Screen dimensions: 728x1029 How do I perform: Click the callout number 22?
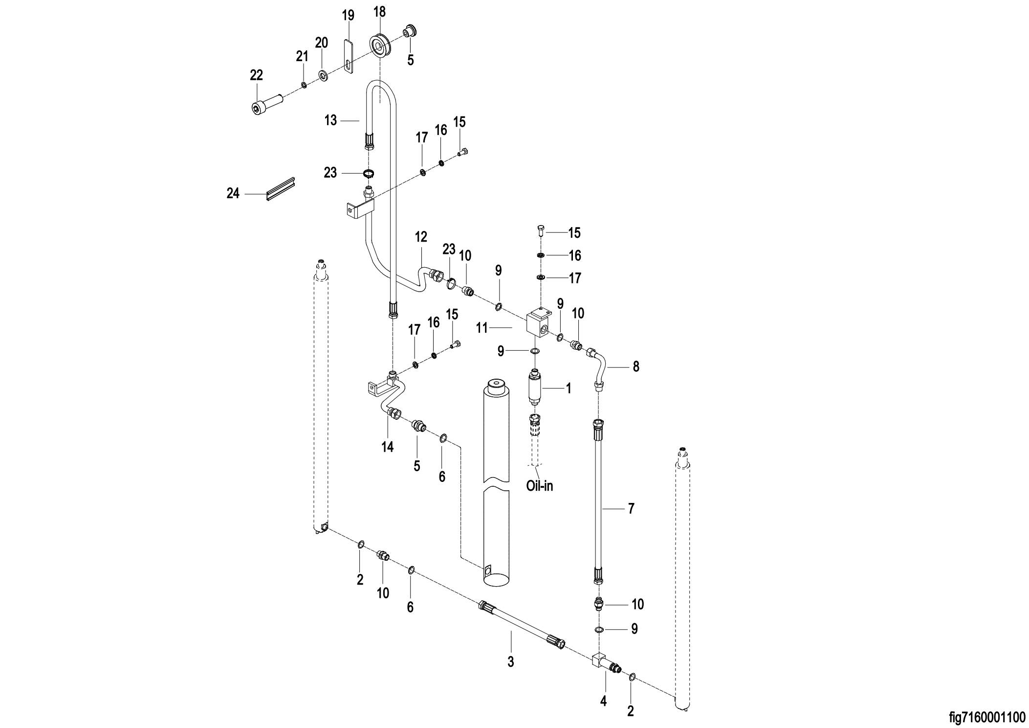(x=256, y=75)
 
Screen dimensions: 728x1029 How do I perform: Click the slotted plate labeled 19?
(x=347, y=56)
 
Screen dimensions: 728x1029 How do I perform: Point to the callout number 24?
(x=233, y=194)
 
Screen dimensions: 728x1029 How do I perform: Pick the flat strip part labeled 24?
(x=281, y=189)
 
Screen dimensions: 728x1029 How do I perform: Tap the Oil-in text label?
(x=540, y=486)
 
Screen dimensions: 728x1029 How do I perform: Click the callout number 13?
(x=331, y=120)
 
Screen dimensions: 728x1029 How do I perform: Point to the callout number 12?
(x=421, y=237)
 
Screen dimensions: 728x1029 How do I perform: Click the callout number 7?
(x=631, y=509)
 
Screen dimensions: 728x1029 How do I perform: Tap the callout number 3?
(x=511, y=662)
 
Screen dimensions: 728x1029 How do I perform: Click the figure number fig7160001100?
(x=987, y=717)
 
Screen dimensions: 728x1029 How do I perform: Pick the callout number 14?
(x=388, y=447)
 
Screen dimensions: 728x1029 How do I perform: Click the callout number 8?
(x=635, y=366)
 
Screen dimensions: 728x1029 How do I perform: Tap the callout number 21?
(x=302, y=57)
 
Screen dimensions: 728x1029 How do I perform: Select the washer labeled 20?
(x=323, y=75)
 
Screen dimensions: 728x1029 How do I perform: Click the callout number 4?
(x=603, y=701)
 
